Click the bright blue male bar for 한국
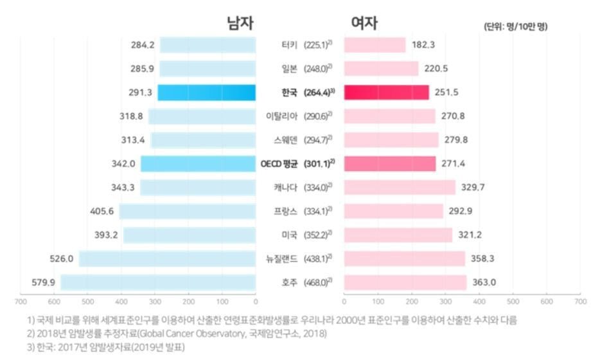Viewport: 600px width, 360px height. click(x=206, y=93)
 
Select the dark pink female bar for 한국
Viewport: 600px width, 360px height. click(x=386, y=93)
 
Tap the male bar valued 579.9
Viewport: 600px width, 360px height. click(x=158, y=282)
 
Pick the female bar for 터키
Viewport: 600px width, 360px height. click(x=375, y=45)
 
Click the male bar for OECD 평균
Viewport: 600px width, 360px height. click(x=198, y=164)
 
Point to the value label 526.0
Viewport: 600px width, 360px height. click(x=62, y=258)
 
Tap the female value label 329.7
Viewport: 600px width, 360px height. click(x=472, y=188)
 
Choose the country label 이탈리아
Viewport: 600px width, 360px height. click(x=281, y=116)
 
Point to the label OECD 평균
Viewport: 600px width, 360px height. click(x=279, y=164)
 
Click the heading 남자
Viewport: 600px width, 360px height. click(x=240, y=23)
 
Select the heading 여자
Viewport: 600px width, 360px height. click(x=364, y=23)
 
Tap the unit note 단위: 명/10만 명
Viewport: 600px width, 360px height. click(x=515, y=26)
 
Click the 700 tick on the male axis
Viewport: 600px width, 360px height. click(x=21, y=301)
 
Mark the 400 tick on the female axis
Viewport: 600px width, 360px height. click(x=479, y=301)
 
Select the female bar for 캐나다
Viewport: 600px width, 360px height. click(x=400, y=188)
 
